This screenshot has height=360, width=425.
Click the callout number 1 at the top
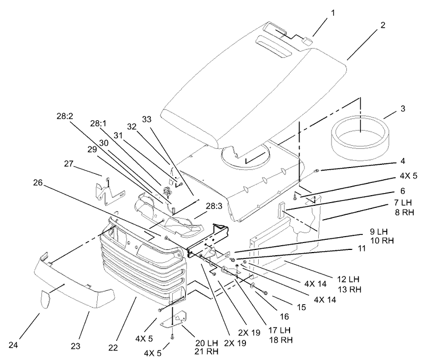333,13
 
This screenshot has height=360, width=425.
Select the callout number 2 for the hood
382,25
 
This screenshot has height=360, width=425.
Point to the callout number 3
403,108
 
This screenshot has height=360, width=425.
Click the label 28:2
65,116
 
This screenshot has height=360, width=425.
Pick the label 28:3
214,206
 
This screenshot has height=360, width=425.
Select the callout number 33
147,119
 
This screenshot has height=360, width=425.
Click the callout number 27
69,164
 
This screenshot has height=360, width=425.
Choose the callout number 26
38,183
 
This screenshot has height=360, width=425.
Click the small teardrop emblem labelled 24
45,299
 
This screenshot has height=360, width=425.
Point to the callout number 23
75,346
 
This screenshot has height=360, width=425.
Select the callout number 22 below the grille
113,348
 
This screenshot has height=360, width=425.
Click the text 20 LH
206,342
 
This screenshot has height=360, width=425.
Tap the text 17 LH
279,330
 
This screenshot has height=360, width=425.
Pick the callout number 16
284,316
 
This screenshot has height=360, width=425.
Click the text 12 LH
348,279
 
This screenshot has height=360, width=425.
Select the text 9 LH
379,232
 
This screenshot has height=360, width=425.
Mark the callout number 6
403,191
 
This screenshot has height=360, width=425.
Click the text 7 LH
403,203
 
